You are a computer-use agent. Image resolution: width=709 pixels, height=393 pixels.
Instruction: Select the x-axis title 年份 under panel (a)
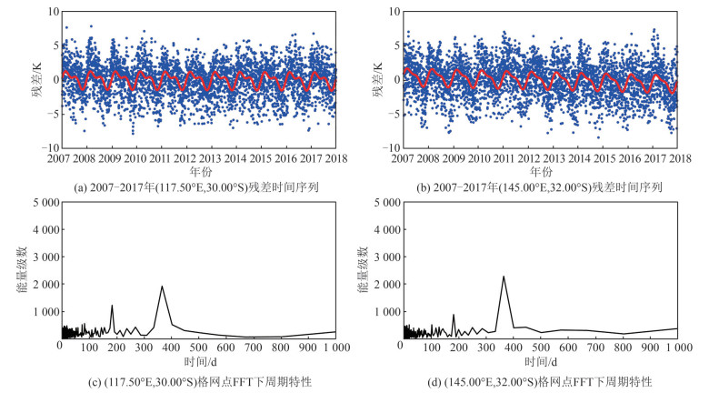point(197,171)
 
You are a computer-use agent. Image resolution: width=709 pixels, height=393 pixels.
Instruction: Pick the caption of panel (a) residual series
point(197,187)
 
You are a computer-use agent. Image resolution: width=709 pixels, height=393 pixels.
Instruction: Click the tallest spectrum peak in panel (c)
point(162,287)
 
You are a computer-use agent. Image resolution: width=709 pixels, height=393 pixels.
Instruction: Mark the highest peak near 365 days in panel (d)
point(504,277)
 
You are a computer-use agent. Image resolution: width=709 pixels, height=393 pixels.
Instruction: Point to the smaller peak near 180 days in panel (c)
point(112,306)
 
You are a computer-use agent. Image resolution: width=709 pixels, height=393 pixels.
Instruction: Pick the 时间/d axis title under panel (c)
point(197,361)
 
